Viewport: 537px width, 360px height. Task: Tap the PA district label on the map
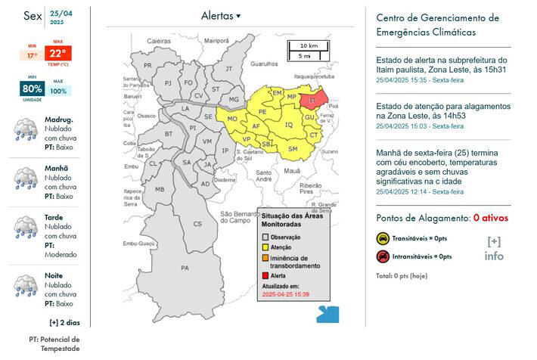[185, 268]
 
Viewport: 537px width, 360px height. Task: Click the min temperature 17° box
[32, 55]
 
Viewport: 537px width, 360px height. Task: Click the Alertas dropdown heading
[221, 16]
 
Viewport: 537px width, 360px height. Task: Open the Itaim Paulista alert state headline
[441, 64]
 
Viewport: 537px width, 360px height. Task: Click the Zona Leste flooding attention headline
[442, 111]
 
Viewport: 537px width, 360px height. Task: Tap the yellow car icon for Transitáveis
[383, 238]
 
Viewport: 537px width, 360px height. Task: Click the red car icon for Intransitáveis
[383, 256]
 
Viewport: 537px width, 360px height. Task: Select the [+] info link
[494, 248]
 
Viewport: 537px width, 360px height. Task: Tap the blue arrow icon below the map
[327, 314]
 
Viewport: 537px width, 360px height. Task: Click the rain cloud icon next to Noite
[25, 286]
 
